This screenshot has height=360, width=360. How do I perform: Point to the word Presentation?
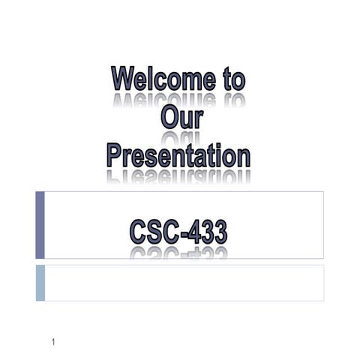click(x=178, y=155)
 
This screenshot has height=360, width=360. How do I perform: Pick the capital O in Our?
click(x=168, y=117)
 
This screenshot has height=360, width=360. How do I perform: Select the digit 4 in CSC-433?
click(x=195, y=232)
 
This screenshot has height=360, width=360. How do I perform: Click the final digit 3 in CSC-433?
click(x=219, y=232)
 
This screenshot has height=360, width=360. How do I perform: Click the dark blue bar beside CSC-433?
click(x=40, y=225)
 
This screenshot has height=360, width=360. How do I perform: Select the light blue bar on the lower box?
click(x=40, y=283)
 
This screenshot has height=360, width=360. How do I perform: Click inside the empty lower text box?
click(x=184, y=283)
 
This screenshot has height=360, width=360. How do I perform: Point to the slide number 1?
click(x=54, y=343)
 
